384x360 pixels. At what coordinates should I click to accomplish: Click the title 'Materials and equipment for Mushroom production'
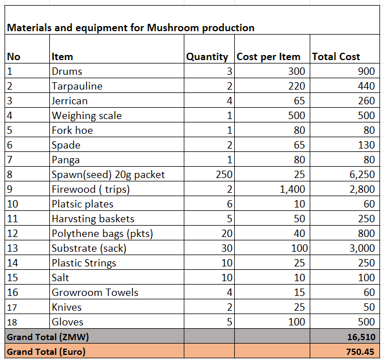click(130, 27)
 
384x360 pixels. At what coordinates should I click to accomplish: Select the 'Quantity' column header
click(207, 57)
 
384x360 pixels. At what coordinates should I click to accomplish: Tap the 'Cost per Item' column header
click(268, 57)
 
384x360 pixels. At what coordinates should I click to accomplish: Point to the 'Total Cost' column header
click(336, 57)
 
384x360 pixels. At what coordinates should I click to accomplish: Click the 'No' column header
click(13, 57)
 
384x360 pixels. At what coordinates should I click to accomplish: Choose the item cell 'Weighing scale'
click(86, 116)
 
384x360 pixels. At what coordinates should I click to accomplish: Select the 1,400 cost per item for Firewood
click(293, 189)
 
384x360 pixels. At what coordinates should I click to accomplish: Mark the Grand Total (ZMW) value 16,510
click(361, 337)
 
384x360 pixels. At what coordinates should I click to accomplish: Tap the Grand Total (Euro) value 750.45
click(361, 351)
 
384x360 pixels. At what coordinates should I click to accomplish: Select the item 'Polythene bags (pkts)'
click(102, 234)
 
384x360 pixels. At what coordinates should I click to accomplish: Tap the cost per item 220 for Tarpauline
click(296, 86)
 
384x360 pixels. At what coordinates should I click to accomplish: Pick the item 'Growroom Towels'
click(95, 293)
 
